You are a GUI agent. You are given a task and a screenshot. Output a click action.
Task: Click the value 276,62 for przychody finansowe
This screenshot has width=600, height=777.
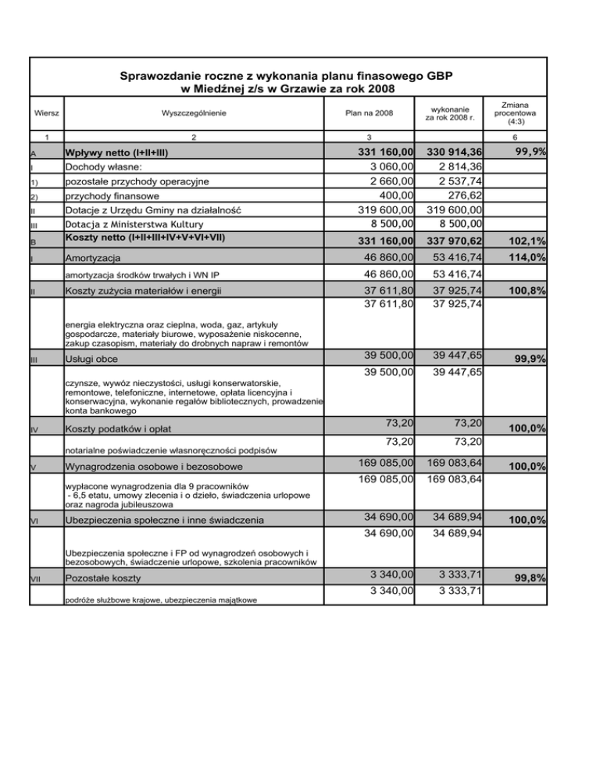tap(461, 195)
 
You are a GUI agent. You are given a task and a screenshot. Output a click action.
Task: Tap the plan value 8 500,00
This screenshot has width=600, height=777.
tap(382, 224)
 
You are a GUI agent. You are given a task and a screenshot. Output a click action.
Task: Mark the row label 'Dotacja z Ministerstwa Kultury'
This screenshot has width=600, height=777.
tap(141, 224)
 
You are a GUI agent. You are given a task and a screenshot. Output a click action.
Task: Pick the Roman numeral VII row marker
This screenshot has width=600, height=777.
tap(36, 579)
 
